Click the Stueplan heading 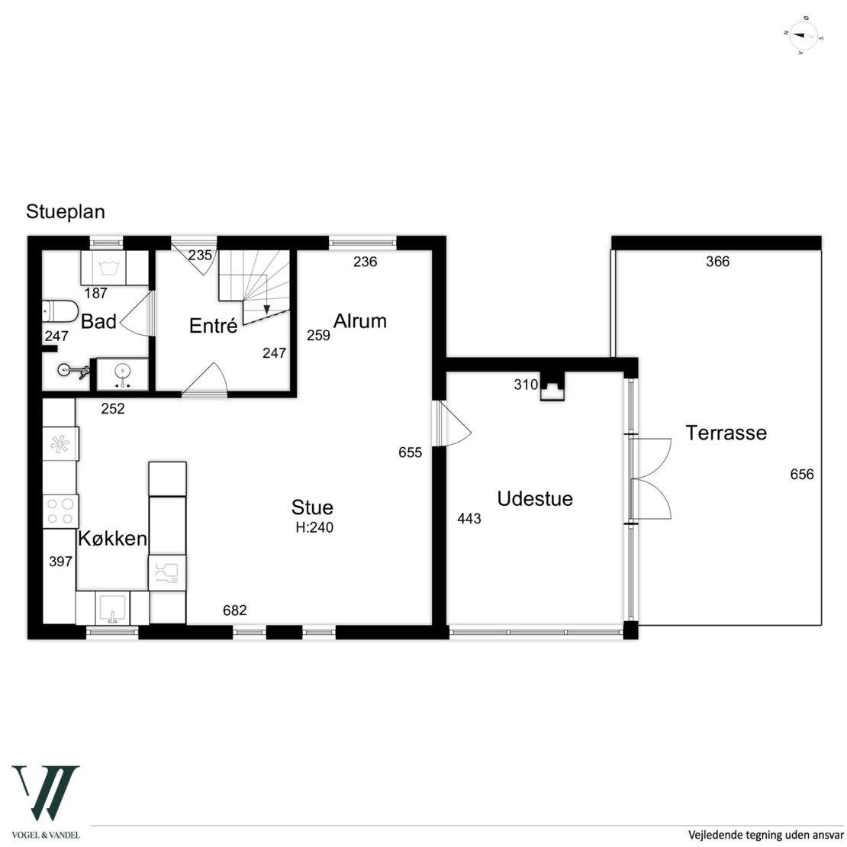pyautogui.click(x=66, y=212)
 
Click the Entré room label pyautogui.click(x=214, y=325)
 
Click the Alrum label pyautogui.click(x=359, y=320)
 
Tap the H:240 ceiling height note pyautogui.click(x=314, y=527)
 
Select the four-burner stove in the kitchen pyautogui.click(x=60, y=511)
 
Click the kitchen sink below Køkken pyautogui.click(x=112, y=608)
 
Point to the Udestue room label pyautogui.click(x=535, y=498)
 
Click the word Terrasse pyautogui.click(x=726, y=433)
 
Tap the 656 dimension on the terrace pyautogui.click(x=802, y=475)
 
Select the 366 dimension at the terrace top pyautogui.click(x=718, y=262)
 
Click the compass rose pyautogui.click(x=803, y=36)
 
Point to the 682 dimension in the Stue pyautogui.click(x=235, y=610)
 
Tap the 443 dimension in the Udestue pyautogui.click(x=469, y=519)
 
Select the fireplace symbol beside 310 pyautogui.click(x=552, y=386)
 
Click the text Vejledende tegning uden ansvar pyautogui.click(x=765, y=835)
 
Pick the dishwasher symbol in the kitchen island pyautogui.click(x=167, y=572)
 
